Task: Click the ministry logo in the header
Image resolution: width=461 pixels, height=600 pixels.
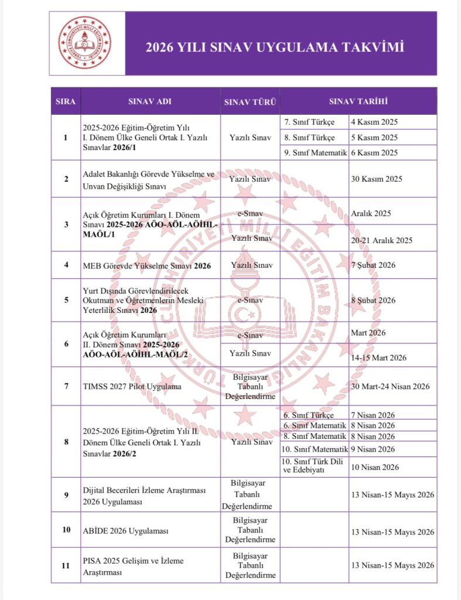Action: (84, 43)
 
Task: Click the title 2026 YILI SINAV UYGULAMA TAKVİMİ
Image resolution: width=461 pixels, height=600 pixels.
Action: (275, 47)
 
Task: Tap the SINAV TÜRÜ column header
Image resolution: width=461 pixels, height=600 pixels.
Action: (250, 102)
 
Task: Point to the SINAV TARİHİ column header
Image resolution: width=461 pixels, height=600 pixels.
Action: (358, 101)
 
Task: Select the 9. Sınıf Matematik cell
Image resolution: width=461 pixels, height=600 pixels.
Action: (315, 152)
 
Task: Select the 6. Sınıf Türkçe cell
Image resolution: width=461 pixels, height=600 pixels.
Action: (309, 414)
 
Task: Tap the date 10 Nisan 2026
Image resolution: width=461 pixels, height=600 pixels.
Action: (375, 467)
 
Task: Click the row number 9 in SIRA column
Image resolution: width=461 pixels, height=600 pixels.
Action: (66, 495)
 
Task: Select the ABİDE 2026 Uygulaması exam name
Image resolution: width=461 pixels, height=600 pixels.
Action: (126, 531)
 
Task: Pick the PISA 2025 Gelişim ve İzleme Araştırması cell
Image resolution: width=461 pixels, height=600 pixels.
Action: (134, 565)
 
